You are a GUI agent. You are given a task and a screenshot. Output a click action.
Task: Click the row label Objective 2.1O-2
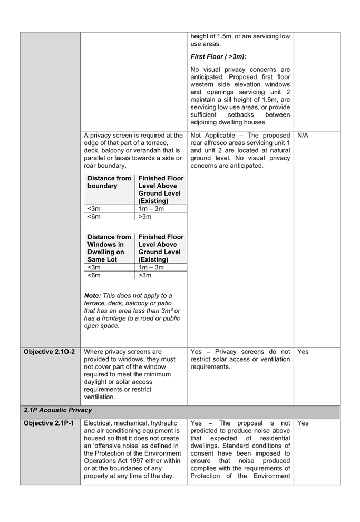(x=49, y=352)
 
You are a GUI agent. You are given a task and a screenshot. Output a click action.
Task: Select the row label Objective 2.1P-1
(x=49, y=423)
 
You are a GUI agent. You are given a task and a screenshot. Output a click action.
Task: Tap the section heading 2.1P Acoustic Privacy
(x=57, y=410)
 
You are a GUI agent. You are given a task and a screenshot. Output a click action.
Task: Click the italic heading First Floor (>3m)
(x=218, y=56)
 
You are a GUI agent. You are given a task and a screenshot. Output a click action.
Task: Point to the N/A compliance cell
(x=303, y=136)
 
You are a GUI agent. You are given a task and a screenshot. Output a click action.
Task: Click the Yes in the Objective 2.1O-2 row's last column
(x=303, y=352)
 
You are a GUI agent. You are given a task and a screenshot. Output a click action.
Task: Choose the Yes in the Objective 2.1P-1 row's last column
(x=303, y=423)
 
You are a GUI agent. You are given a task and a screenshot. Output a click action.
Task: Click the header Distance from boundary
(x=109, y=182)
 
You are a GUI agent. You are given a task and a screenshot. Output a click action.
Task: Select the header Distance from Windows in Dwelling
(x=109, y=248)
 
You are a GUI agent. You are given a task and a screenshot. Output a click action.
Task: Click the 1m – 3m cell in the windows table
(x=151, y=268)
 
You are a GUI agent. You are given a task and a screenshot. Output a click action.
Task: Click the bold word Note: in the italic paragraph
(x=92, y=296)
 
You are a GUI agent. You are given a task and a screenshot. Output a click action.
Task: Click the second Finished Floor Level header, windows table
(x=161, y=248)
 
